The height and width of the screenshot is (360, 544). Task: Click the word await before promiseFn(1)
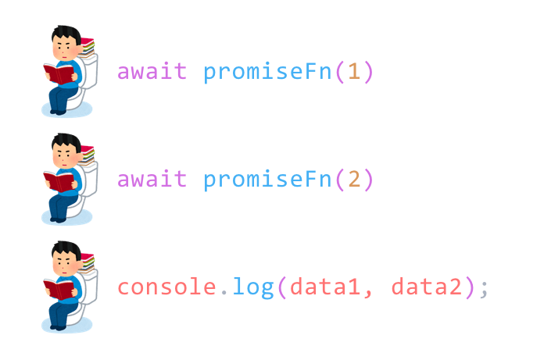click(x=152, y=72)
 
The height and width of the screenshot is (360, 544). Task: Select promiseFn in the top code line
click(x=268, y=72)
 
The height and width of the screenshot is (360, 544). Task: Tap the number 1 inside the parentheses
click(x=354, y=73)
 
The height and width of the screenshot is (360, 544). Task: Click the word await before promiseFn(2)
click(x=152, y=180)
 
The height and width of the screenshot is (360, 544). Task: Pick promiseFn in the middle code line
click(x=268, y=180)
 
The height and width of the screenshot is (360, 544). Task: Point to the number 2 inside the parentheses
click(x=354, y=180)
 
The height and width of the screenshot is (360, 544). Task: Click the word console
click(x=166, y=287)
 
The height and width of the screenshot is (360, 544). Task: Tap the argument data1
click(x=323, y=287)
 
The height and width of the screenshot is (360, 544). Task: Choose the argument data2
click(x=426, y=287)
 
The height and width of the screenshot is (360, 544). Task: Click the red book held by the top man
click(x=59, y=74)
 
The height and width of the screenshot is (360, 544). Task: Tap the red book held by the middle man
click(x=59, y=182)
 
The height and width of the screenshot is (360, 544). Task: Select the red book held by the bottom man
click(x=59, y=290)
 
